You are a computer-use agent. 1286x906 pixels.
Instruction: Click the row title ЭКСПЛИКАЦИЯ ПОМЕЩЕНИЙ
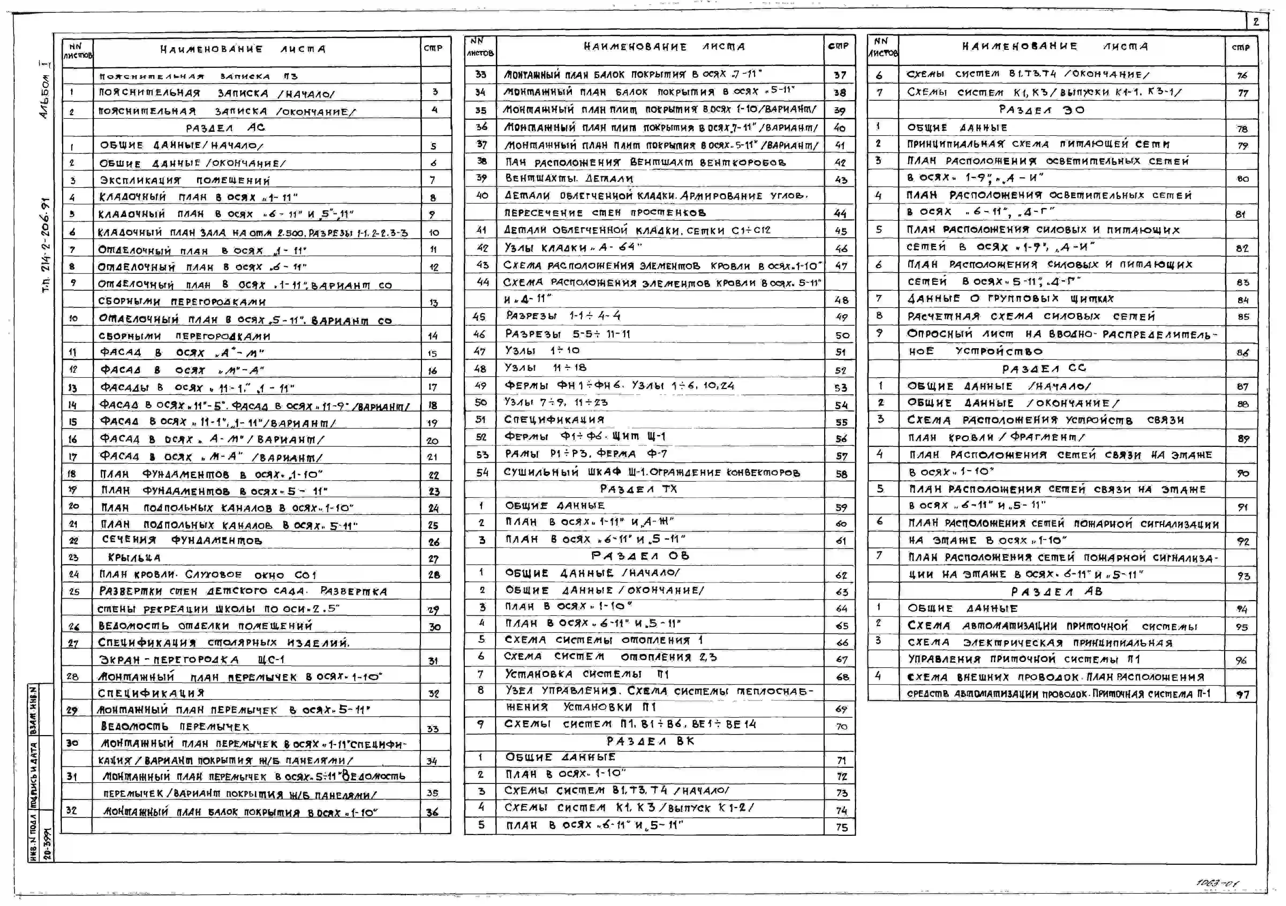(x=185, y=180)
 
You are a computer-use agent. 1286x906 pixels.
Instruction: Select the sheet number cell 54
(x=482, y=472)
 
